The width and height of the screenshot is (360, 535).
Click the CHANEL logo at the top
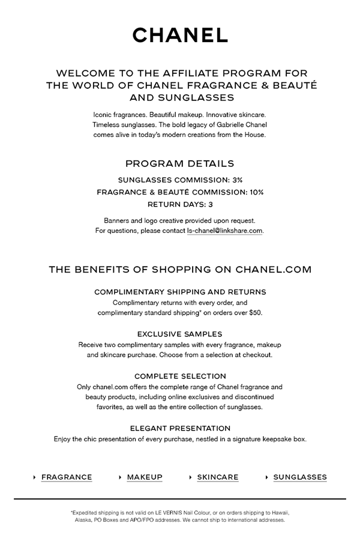tap(180, 35)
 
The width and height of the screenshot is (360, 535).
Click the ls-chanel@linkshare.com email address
tap(225, 231)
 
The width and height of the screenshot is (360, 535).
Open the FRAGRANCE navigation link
tap(67, 477)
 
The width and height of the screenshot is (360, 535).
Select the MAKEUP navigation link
tap(145, 477)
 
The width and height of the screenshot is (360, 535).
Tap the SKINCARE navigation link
tap(218, 477)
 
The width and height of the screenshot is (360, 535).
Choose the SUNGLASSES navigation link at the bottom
tap(300, 477)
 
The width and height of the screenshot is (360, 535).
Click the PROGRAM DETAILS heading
tap(180, 163)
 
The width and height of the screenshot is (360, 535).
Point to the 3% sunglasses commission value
tap(236, 180)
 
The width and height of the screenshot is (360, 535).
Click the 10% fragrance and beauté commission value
tap(256, 192)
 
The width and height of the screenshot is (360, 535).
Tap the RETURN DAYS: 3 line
tap(180, 205)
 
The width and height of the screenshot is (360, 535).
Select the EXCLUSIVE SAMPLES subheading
tap(180, 334)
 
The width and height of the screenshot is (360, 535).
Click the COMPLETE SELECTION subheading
tap(180, 376)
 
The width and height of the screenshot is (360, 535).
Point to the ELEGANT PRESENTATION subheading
tap(180, 428)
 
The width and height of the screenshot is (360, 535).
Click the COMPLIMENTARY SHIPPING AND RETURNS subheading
tap(180, 292)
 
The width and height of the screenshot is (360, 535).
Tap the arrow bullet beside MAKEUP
tap(121, 477)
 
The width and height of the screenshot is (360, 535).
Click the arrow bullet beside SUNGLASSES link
tap(267, 477)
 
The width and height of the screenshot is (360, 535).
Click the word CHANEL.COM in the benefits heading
tap(274, 270)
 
